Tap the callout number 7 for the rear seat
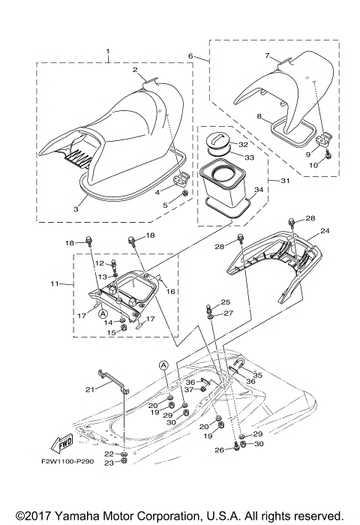tap(266, 55)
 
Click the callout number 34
tap(259, 191)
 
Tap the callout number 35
tap(257, 373)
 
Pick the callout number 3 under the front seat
tap(75, 210)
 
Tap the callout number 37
tap(190, 390)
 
